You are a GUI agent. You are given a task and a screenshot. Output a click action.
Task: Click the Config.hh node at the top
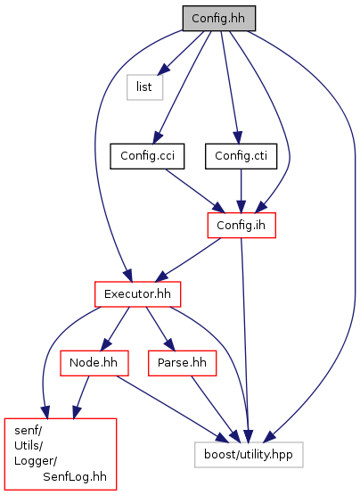pyautogui.click(x=219, y=19)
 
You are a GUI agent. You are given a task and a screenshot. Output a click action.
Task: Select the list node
pyautogui.click(x=145, y=87)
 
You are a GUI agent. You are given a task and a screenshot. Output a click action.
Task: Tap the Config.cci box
pyautogui.click(x=147, y=156)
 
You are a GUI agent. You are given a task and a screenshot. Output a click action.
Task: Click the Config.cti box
pyautogui.click(x=241, y=156)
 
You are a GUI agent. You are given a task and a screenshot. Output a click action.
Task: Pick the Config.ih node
pyautogui.click(x=241, y=225)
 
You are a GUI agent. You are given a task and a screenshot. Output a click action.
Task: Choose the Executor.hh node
pyautogui.click(x=137, y=294)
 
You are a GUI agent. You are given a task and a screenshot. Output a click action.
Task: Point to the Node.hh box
pyautogui.click(x=94, y=363)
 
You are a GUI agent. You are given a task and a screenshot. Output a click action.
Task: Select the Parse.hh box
pyautogui.click(x=182, y=363)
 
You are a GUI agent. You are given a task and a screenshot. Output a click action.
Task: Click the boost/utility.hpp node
pyautogui.click(x=249, y=455)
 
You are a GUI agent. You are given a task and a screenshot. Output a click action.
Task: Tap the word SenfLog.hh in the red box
pyautogui.click(x=75, y=476)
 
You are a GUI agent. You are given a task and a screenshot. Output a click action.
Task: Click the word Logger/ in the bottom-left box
pyautogui.click(x=36, y=461)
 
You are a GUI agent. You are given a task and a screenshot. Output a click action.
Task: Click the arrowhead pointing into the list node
pyautogui.click(x=164, y=69)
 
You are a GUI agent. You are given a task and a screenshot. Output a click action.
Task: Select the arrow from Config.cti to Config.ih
pyautogui.click(x=241, y=191)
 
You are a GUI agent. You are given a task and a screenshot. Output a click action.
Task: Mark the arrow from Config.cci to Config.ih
pyautogui.click(x=195, y=191)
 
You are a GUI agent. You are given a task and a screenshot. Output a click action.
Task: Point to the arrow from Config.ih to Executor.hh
pyautogui.click(x=188, y=260)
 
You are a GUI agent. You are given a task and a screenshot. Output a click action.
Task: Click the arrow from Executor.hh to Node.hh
pyautogui.click(x=115, y=328)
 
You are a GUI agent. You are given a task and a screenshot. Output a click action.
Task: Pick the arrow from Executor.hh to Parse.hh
pyautogui.click(x=160, y=328)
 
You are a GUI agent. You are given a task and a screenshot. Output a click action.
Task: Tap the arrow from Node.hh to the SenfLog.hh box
pyautogui.click(x=81, y=397)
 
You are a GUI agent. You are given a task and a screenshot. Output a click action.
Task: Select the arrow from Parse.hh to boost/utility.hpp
pyautogui.click(x=214, y=409)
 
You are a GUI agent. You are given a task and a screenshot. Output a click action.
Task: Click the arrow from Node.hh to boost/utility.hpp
pyautogui.click(x=172, y=409)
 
